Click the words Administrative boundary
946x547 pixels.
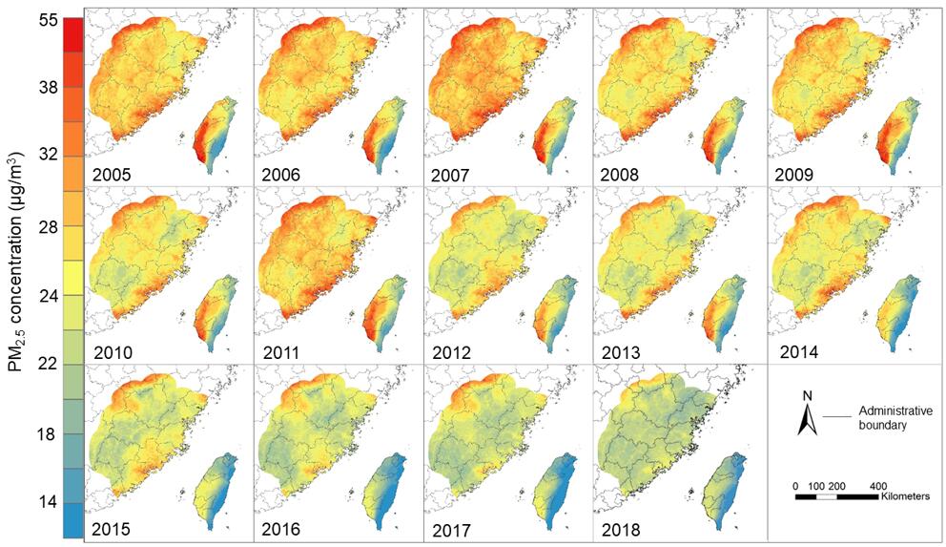click(x=895, y=417)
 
